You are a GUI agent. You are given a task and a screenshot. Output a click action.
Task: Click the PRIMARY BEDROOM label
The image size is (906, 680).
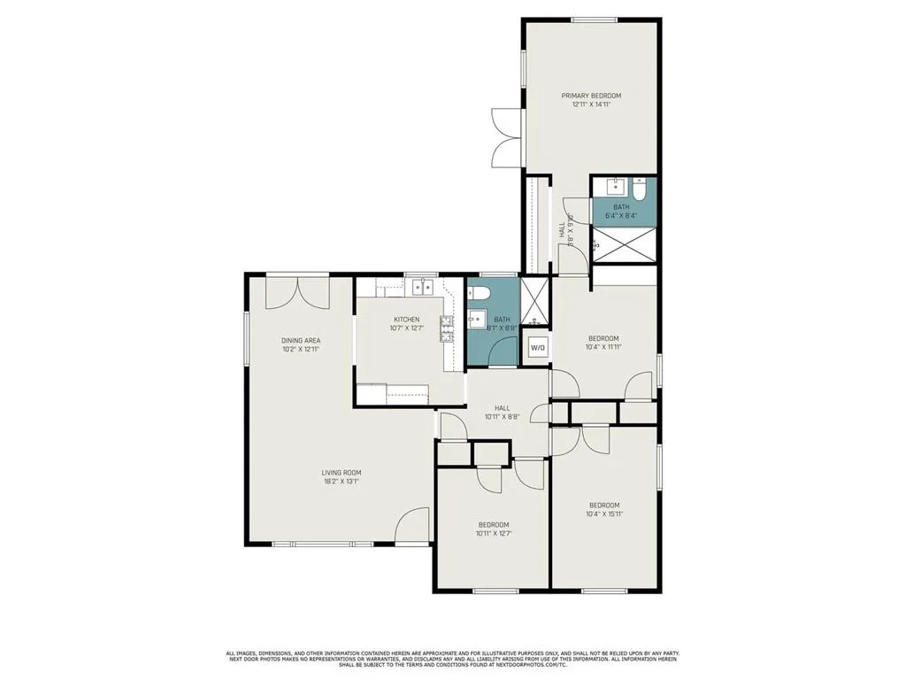(591, 96)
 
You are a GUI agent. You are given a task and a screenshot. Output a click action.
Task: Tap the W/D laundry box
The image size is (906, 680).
(538, 348)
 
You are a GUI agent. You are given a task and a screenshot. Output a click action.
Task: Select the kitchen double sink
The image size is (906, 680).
(422, 287)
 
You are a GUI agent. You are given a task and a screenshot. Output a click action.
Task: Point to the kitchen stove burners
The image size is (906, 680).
(447, 328)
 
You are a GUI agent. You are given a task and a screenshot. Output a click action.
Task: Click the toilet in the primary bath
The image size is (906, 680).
(641, 188)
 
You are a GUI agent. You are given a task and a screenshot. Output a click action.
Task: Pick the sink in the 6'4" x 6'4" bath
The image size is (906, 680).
(615, 188)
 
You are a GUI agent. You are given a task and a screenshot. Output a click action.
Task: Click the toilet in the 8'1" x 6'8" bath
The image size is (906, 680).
(479, 293)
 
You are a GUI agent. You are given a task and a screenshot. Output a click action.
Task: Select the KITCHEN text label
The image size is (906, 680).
(407, 320)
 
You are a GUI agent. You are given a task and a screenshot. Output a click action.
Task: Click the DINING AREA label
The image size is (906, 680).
(301, 340)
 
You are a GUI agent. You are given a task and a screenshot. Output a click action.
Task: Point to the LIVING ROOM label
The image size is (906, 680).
(341, 473)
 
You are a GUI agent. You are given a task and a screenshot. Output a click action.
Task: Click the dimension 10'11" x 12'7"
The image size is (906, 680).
(493, 533)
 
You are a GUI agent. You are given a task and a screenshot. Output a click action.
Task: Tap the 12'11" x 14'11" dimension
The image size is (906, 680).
(591, 104)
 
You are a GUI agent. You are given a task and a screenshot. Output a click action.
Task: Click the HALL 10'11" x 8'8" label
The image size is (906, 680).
(502, 413)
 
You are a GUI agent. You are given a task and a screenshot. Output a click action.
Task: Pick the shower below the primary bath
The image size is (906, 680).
(624, 243)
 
